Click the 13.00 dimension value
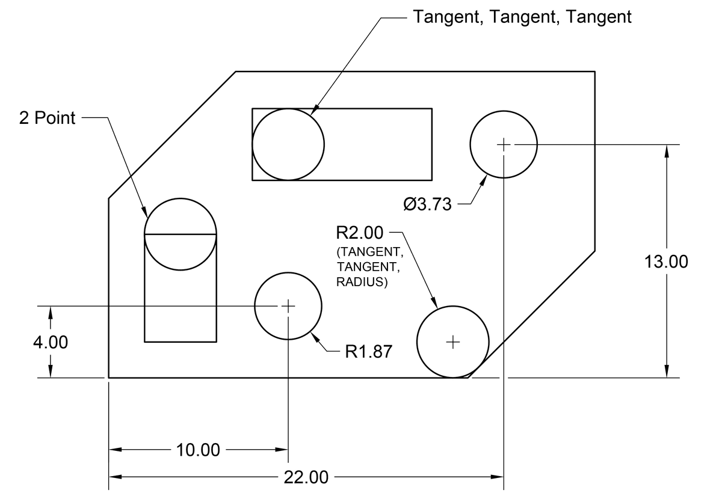[x=666, y=262]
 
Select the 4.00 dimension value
[x=51, y=342]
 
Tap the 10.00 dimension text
[x=198, y=450]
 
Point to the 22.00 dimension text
[x=306, y=477]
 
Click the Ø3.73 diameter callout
[x=427, y=204]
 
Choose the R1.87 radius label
[x=368, y=351]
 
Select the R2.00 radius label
[x=360, y=233]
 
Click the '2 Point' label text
[x=47, y=118]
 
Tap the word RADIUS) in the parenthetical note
[x=362, y=282]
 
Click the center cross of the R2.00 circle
[x=453, y=342]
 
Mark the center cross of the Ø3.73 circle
[x=504, y=144]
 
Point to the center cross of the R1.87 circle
[x=288, y=306]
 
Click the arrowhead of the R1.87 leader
[x=315, y=338]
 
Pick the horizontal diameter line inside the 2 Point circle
[x=180, y=234]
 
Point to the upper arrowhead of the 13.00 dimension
[x=667, y=152]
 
